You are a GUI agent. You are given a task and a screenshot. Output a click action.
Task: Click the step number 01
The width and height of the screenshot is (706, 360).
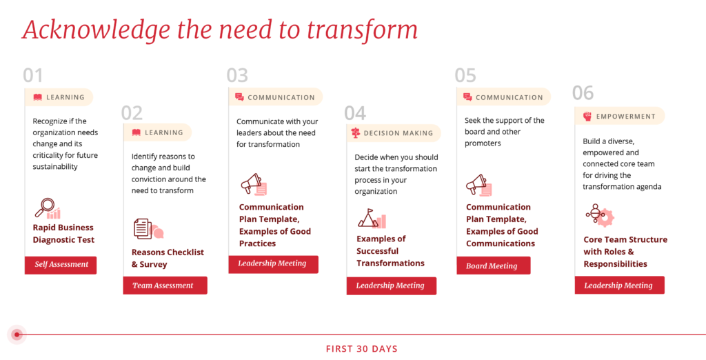click(33, 75)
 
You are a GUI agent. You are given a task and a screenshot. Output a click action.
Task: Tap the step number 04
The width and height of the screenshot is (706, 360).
click(355, 113)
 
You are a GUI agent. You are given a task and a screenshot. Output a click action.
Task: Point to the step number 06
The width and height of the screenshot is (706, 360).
click(583, 93)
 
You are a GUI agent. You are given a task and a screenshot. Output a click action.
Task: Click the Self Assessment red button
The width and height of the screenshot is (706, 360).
click(61, 265)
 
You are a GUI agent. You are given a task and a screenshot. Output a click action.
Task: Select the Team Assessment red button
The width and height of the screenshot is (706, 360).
click(165, 286)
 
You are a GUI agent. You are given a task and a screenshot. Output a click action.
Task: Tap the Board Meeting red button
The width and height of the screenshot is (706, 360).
click(494, 266)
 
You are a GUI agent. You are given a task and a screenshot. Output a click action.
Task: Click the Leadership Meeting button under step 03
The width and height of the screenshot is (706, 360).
click(273, 264)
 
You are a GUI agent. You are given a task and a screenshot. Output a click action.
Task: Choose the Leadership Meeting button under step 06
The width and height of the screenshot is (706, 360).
click(620, 286)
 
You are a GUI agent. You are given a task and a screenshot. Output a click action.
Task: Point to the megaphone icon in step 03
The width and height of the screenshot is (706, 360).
click(254, 184)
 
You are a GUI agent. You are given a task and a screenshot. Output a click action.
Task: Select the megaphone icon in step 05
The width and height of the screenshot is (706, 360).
click(478, 185)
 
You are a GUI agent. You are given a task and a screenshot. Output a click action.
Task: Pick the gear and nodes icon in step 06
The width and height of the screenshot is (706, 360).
click(600, 215)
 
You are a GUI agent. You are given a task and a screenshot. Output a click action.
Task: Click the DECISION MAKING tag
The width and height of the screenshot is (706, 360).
click(394, 133)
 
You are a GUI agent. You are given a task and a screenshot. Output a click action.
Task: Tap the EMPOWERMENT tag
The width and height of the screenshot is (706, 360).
click(620, 117)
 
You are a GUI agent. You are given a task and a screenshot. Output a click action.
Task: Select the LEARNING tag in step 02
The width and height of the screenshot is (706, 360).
click(158, 132)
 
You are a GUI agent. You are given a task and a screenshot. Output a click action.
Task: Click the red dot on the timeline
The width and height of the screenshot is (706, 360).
click(17, 334)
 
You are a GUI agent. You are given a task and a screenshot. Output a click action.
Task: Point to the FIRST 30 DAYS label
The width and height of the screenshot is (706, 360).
click(361, 349)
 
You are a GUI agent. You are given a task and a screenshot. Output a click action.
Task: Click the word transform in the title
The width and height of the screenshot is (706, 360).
click(363, 30)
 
